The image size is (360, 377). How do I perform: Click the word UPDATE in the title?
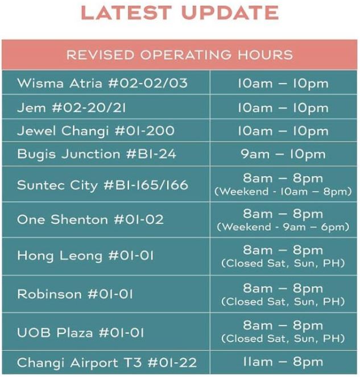pyautogui.click(x=230, y=13)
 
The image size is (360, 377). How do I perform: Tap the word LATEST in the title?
pyautogui.click(x=126, y=13)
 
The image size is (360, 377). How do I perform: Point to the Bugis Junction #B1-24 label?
pyautogui.click(x=97, y=154)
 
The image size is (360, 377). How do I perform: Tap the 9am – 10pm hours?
pyautogui.click(x=283, y=154)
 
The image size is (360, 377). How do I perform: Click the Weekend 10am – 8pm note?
pyautogui.click(x=283, y=192)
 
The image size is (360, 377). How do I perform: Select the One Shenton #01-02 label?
pyautogui.click(x=90, y=219)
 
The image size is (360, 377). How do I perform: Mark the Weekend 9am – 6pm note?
pyautogui.click(x=283, y=227)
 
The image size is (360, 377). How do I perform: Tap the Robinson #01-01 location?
pyautogui.click(x=75, y=294)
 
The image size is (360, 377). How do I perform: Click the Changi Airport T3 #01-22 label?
pyautogui.click(x=107, y=363)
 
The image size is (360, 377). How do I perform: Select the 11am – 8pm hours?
pyautogui.click(x=283, y=362)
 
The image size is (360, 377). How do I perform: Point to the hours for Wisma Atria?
pyautogui.click(x=283, y=84)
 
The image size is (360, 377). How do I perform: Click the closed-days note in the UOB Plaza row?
pyautogui.click(x=283, y=338)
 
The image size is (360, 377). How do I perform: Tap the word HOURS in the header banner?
pyautogui.click(x=265, y=55)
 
